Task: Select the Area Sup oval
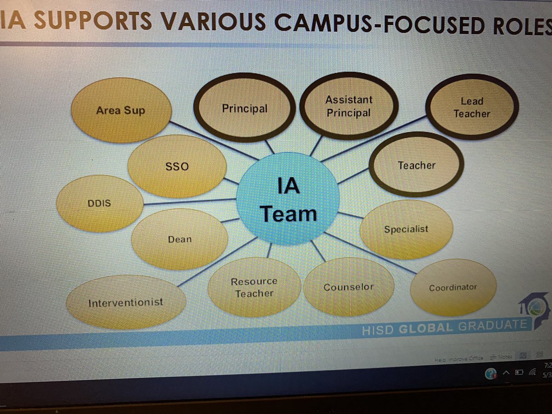[x=121, y=111]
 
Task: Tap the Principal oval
[x=244, y=109]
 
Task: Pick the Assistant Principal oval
[x=349, y=106]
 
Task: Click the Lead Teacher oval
[x=472, y=107]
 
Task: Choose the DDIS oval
[x=100, y=203]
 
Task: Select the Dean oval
[x=179, y=239]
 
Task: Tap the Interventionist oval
[x=126, y=302]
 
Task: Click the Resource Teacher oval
[x=254, y=287]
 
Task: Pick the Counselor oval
[x=349, y=287]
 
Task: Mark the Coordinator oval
[x=453, y=287]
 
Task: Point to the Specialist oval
[x=406, y=229]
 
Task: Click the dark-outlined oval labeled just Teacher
[x=416, y=165]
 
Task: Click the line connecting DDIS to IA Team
[x=189, y=201]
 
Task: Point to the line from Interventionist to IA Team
[x=216, y=262]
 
